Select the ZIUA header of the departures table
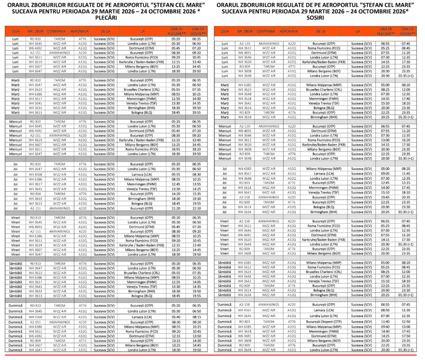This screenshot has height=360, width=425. click(15, 32)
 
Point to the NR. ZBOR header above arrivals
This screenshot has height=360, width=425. click(245, 32)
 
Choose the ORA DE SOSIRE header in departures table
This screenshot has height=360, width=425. click(197, 32)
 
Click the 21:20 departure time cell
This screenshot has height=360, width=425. click(175, 208)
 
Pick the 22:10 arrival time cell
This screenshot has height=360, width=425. click(197, 208)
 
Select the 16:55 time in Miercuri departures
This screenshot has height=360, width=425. click(175, 149)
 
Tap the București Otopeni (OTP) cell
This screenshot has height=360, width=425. click(328, 321)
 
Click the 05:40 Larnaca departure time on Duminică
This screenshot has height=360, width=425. click(175, 317)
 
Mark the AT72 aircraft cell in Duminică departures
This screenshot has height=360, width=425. click(82, 341)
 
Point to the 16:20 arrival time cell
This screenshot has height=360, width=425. click(406, 139)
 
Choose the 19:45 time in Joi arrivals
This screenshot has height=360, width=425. click(385, 197)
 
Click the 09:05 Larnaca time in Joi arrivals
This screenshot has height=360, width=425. click(385, 174)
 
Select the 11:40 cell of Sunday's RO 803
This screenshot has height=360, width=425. click(385, 321)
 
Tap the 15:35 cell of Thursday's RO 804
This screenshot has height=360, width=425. click(197, 193)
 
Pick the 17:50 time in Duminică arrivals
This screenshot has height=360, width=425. click(406, 336)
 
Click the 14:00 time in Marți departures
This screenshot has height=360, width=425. click(197, 98)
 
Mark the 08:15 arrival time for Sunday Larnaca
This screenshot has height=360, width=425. click(197, 317)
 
